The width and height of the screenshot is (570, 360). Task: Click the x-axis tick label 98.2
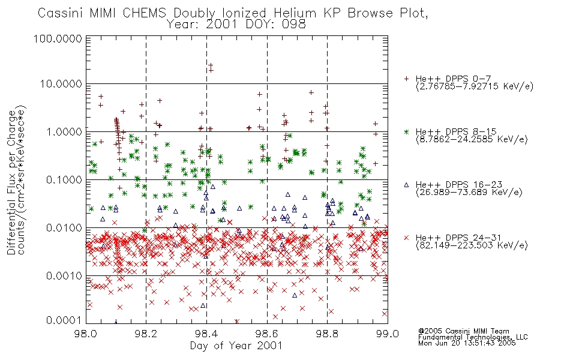click(x=146, y=334)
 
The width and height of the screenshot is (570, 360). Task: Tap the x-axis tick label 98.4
click(x=206, y=334)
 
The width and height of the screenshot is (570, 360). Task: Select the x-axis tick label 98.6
click(x=267, y=334)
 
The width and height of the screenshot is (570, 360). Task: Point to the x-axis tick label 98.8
click(x=327, y=334)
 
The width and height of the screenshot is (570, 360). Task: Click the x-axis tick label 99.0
click(x=388, y=334)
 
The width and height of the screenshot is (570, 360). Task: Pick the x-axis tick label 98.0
click(x=86, y=334)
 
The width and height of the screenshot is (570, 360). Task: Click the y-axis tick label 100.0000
click(x=58, y=38)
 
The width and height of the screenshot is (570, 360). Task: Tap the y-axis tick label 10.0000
click(x=61, y=84)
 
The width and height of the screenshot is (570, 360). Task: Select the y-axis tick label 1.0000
click(x=64, y=131)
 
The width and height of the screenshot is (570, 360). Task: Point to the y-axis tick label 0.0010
click(x=64, y=276)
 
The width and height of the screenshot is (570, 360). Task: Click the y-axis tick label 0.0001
click(x=64, y=320)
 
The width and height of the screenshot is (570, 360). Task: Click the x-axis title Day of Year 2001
click(x=236, y=346)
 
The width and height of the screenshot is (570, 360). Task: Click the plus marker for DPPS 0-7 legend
click(x=407, y=79)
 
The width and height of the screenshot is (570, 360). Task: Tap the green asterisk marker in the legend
click(x=407, y=131)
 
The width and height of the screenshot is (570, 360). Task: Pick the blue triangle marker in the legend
click(x=407, y=185)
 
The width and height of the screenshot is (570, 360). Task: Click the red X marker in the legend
click(x=407, y=238)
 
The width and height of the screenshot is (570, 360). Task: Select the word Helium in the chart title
click(x=295, y=13)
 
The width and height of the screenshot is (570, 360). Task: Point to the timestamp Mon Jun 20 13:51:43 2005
click(x=467, y=343)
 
